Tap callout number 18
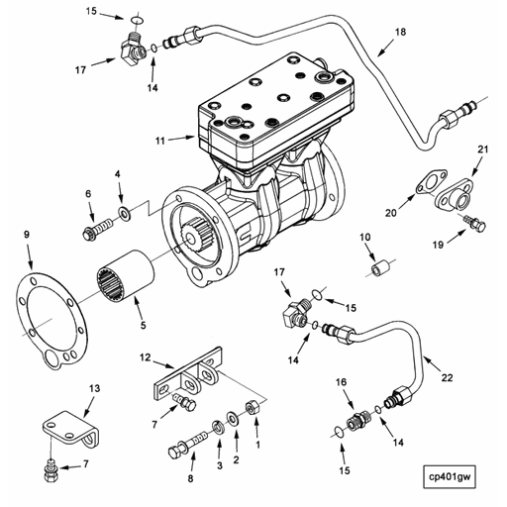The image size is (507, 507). [x=401, y=32]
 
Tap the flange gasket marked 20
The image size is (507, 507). [x=425, y=184]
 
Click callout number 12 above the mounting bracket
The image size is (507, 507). [x=145, y=356]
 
